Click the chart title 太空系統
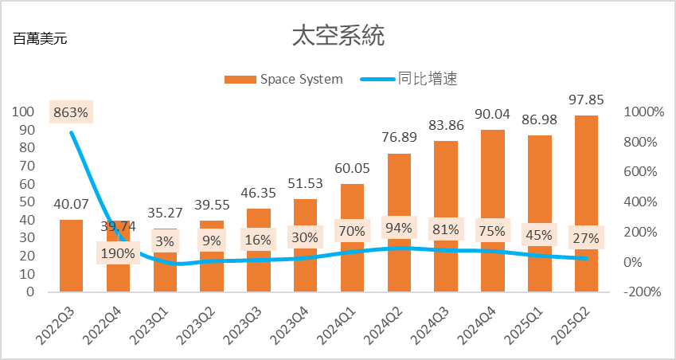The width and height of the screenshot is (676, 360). click(x=338, y=36)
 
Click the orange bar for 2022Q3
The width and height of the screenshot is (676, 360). click(x=71, y=255)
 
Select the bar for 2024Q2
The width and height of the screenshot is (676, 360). click(x=399, y=223)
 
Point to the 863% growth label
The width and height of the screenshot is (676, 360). click(x=71, y=112)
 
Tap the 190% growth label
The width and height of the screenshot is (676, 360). click(x=118, y=254)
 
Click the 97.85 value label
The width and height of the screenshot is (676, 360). click(x=587, y=99)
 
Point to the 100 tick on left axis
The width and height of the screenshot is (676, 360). click(x=25, y=112)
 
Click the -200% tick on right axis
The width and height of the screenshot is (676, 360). click(x=642, y=292)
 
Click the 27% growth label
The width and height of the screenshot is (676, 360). click(x=587, y=238)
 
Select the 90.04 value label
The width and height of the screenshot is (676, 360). click(x=493, y=113)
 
